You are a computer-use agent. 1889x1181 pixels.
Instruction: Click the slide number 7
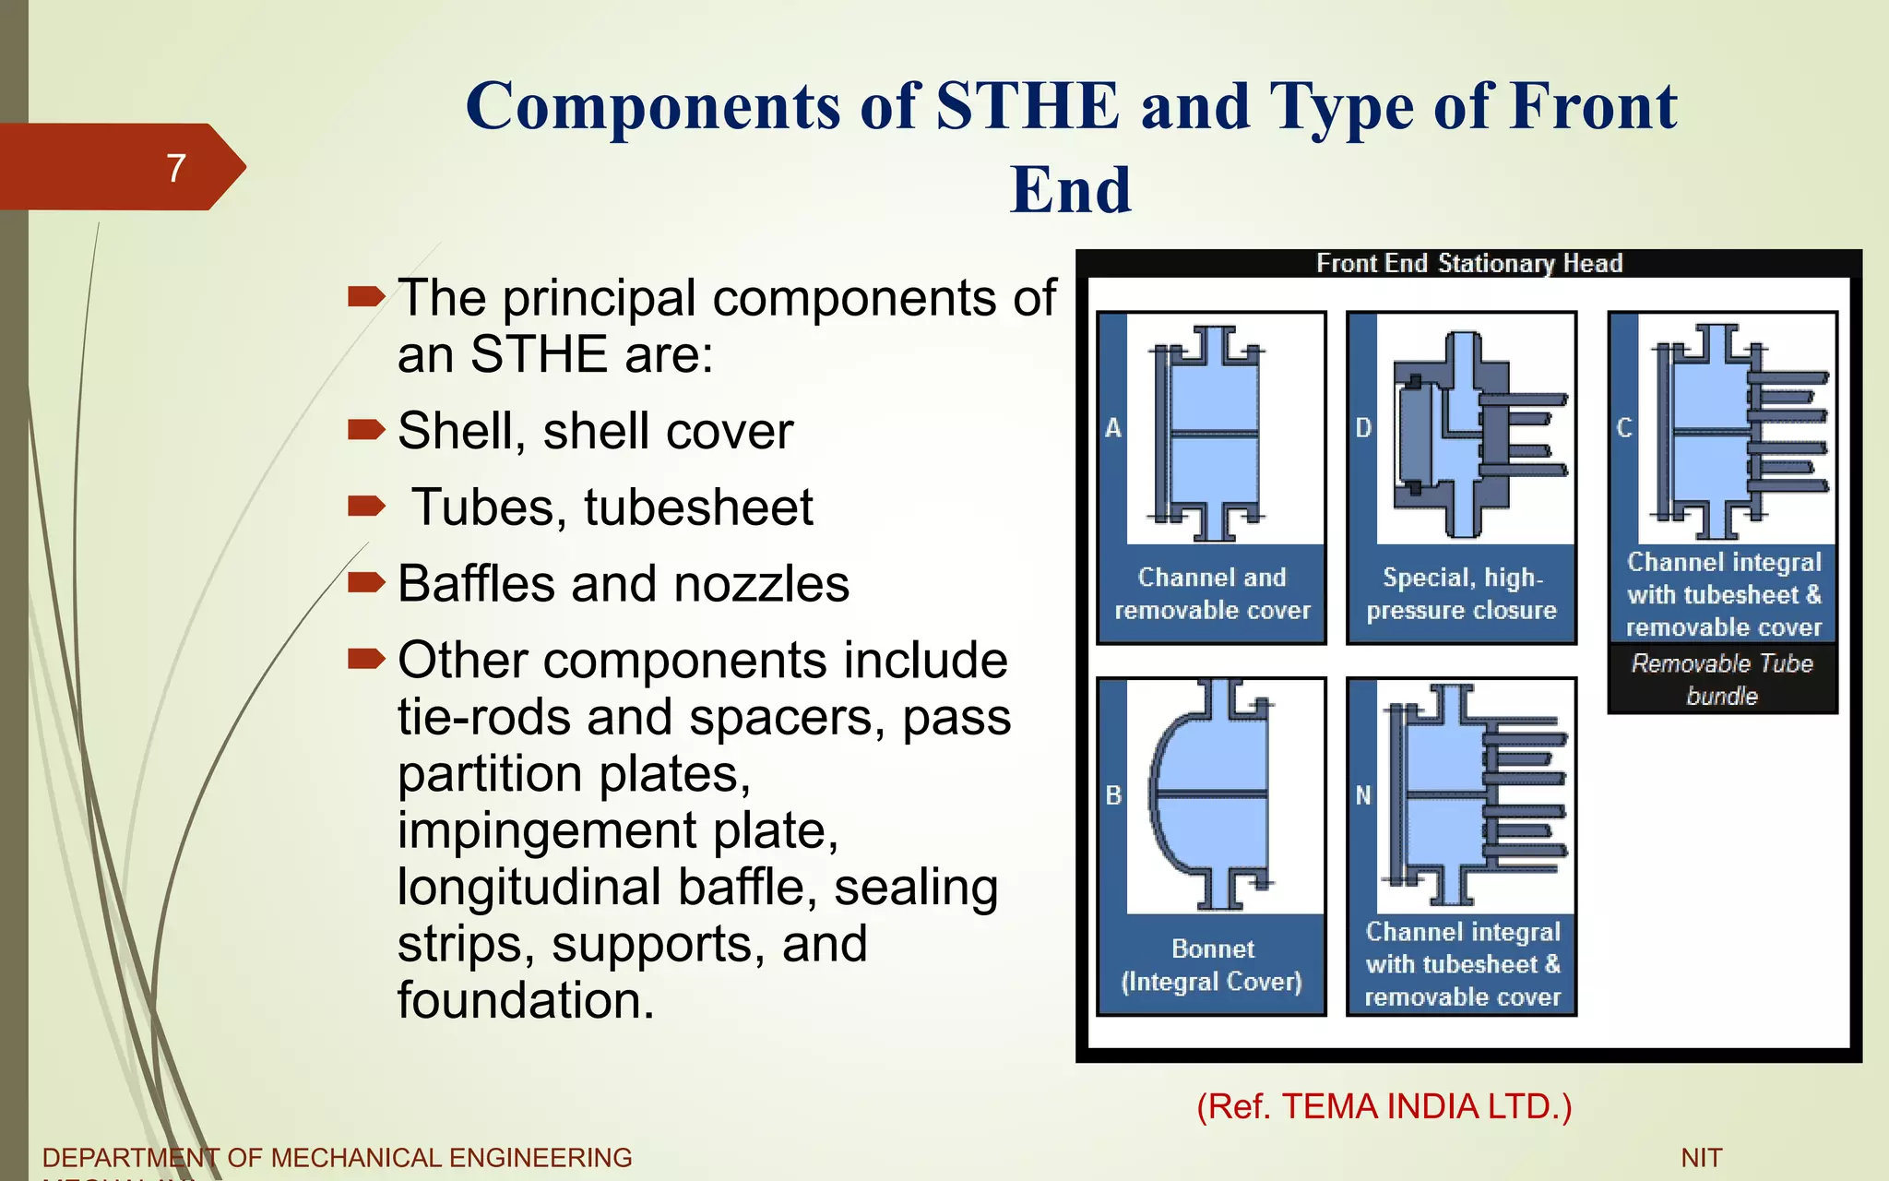tap(176, 168)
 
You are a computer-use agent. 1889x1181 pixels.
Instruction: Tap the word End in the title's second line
tap(1070, 190)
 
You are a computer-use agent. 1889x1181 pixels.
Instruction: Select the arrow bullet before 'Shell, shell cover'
tap(365, 429)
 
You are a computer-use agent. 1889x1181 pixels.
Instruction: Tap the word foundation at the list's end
tap(526, 1000)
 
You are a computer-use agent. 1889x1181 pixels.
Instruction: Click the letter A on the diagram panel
tap(1113, 428)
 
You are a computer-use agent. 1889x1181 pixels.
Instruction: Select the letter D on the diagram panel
tap(1363, 428)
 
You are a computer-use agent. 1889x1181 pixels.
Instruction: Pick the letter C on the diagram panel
tap(1624, 428)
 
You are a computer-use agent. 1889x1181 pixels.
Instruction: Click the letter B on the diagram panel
tap(1113, 795)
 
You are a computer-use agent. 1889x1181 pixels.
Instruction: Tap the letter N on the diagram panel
tap(1363, 795)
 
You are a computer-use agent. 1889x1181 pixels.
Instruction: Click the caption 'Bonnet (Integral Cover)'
tap(1212, 965)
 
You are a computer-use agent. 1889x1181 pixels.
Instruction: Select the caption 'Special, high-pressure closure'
tap(1462, 594)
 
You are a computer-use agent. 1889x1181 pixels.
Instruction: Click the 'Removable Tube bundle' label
tap(1722, 679)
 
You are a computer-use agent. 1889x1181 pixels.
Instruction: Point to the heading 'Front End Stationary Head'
tap(1468, 264)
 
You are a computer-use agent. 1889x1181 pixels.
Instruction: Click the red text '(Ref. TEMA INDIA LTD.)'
tap(1384, 1106)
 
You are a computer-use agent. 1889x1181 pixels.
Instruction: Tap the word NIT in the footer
tap(1701, 1158)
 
